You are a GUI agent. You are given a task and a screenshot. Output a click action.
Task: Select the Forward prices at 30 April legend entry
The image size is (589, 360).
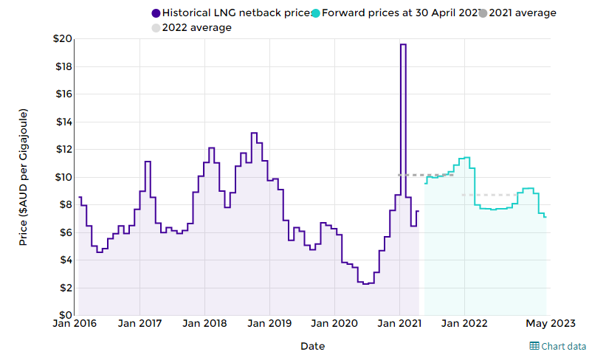[x=388, y=13]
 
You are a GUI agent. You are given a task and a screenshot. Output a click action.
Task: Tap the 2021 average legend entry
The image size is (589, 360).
[x=517, y=13]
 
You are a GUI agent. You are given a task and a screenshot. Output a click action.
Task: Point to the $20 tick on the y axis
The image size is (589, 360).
[x=62, y=39]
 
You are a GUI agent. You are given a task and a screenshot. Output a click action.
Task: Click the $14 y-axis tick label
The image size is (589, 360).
[x=62, y=122]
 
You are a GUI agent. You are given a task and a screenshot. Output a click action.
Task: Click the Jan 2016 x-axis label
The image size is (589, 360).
[x=76, y=323]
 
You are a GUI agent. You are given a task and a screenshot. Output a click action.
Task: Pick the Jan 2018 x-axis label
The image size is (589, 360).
[x=204, y=323]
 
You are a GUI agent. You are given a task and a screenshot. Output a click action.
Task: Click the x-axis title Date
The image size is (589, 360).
[x=312, y=345]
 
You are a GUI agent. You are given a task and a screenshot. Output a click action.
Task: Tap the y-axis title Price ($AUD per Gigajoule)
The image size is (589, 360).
[x=23, y=177]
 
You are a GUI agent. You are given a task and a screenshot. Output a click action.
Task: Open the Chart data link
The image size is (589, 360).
[x=558, y=346]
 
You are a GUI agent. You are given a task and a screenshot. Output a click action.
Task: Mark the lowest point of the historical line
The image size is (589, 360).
[x=365, y=283]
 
